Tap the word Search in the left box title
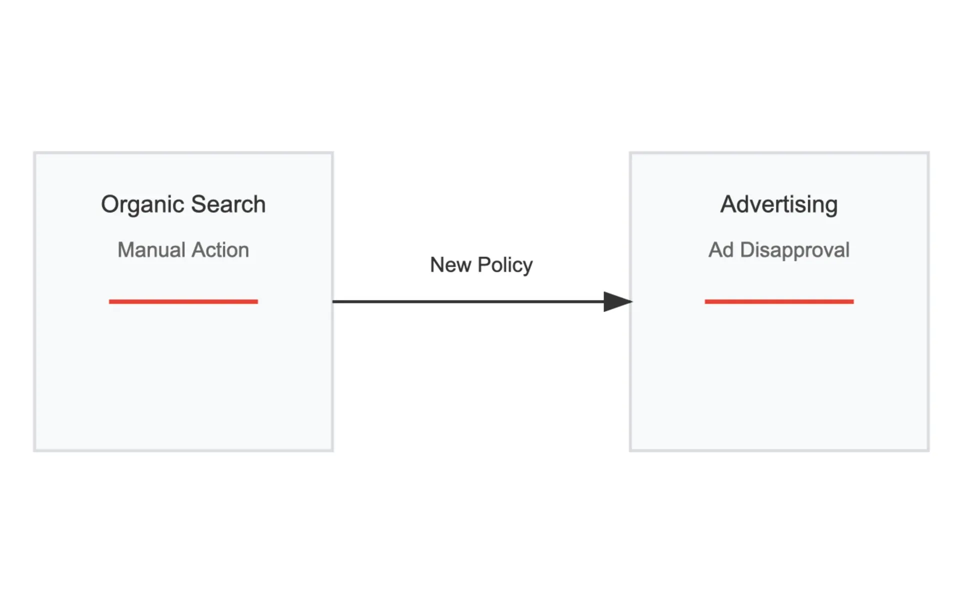coord(228,204)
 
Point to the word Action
coord(220,249)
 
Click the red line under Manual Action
coord(183,301)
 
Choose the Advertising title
coord(779,205)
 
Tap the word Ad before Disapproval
coord(721,249)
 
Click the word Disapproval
coord(794,250)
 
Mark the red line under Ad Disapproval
coord(779,301)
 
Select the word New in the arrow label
coord(450,264)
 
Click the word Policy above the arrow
coord(505,265)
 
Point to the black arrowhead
coord(618,301)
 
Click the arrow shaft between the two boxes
coord(468,301)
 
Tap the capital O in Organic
coord(110,204)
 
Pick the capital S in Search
coord(199,204)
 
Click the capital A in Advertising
coord(729,204)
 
